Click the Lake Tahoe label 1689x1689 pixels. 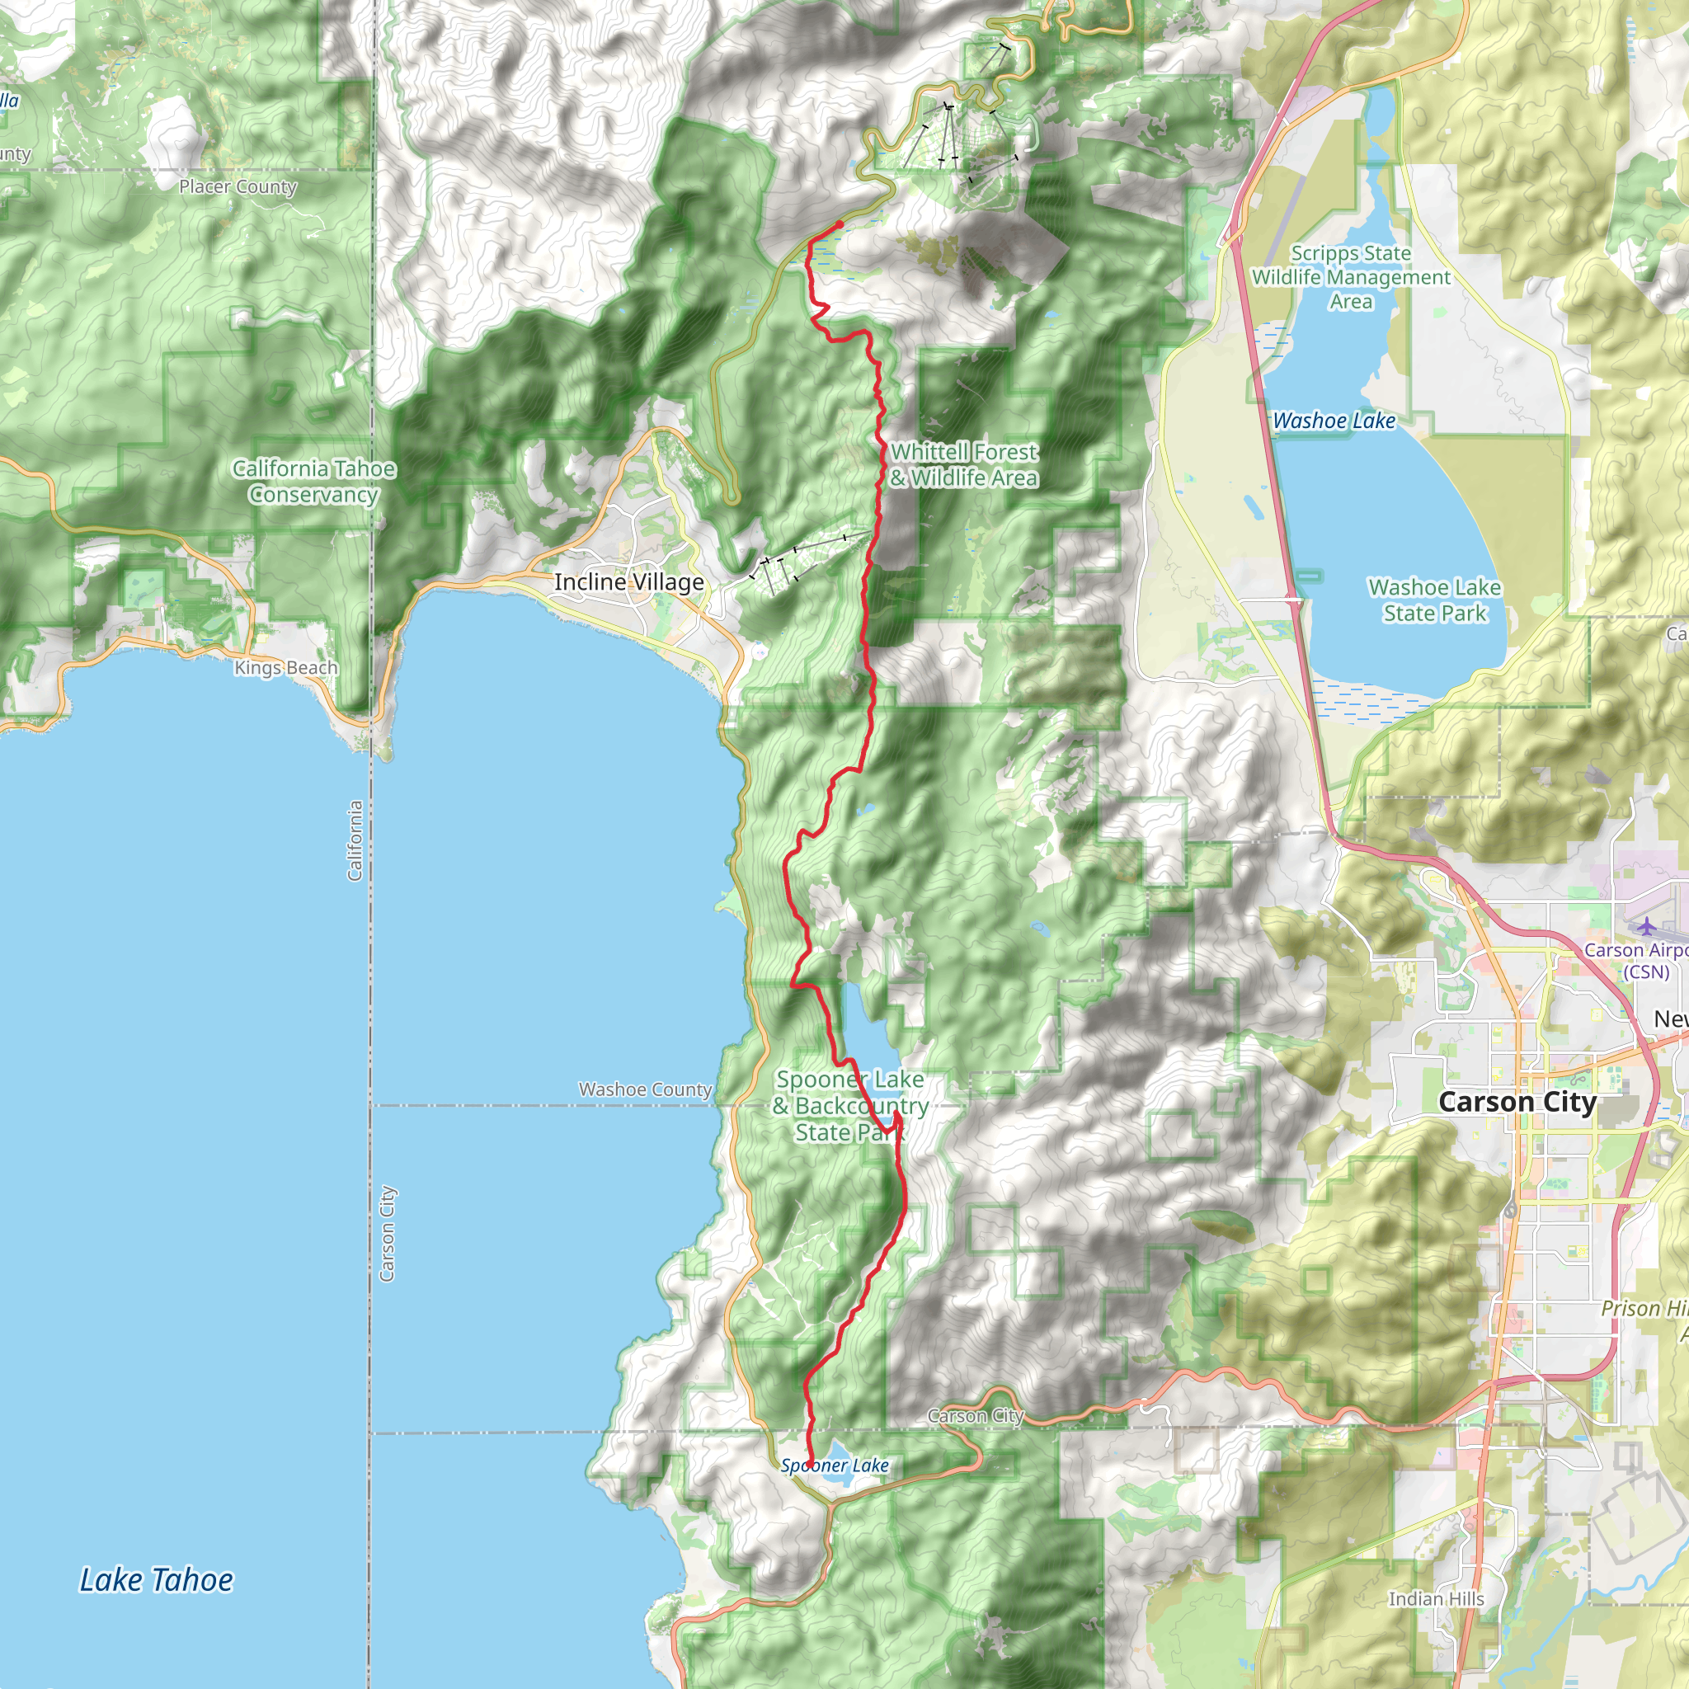click(156, 1579)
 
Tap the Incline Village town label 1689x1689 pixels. click(628, 582)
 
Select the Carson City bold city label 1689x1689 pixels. click(1517, 1103)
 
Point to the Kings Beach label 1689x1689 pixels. click(285, 668)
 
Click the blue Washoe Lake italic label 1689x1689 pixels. click(1334, 421)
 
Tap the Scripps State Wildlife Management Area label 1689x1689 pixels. click(1351, 277)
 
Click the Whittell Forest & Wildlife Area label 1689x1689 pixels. click(963, 465)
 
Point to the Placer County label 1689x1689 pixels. click(238, 186)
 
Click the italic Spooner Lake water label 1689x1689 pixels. click(834, 1466)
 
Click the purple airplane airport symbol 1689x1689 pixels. click(1647, 926)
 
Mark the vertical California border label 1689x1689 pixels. click(355, 840)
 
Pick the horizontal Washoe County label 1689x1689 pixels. click(645, 1089)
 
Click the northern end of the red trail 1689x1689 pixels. click(840, 224)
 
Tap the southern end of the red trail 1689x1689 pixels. click(809, 1466)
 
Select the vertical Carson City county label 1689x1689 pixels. click(388, 1234)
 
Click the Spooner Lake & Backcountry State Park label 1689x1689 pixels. click(849, 1106)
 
